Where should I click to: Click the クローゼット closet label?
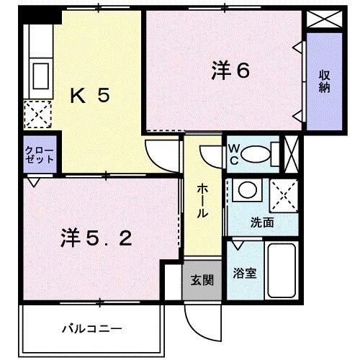pyautogui.click(x=39, y=155)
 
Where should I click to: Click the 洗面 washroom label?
pyautogui.click(x=262, y=222)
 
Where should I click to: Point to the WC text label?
pyautogui.click(x=234, y=153)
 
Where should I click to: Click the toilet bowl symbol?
pyautogui.click(x=253, y=153)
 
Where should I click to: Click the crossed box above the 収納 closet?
pyautogui.click(x=318, y=19)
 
